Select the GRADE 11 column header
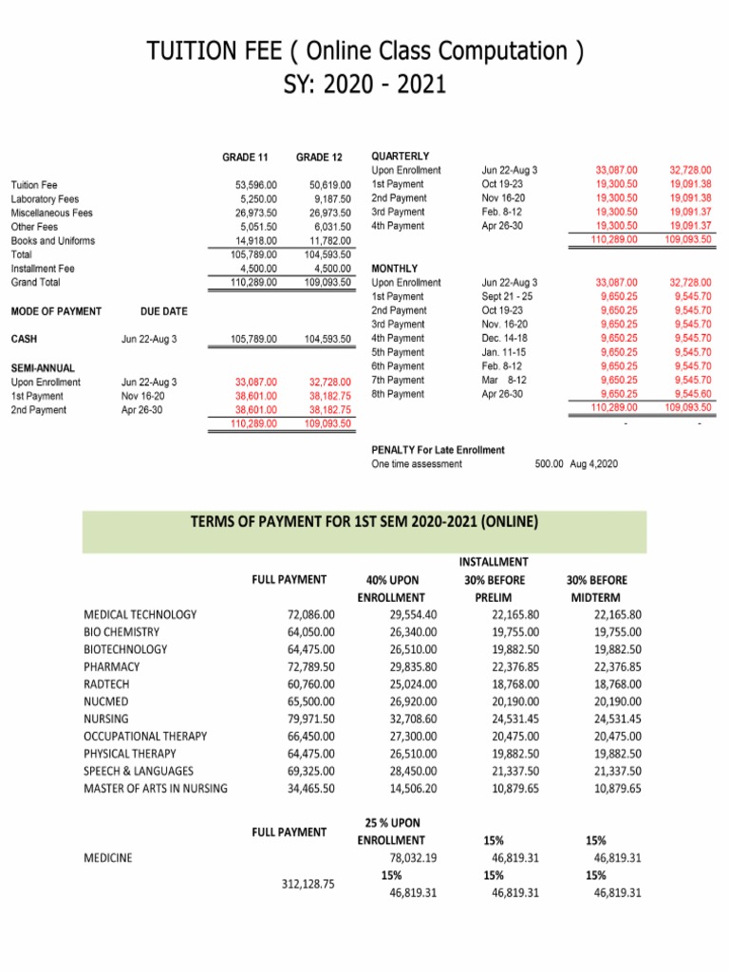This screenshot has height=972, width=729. [x=245, y=157]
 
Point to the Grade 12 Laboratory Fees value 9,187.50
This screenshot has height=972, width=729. [x=331, y=198]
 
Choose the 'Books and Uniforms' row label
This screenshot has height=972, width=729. [x=52, y=241]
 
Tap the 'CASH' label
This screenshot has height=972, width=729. [x=24, y=339]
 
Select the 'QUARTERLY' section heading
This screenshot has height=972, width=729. [x=400, y=156]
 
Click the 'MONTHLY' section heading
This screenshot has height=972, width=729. [x=393, y=269]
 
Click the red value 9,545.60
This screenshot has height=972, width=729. [x=692, y=394]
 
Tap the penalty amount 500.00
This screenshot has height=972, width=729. [x=551, y=464]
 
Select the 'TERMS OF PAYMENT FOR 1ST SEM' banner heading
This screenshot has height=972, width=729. [x=364, y=521]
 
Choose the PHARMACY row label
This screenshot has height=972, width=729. [x=113, y=667]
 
